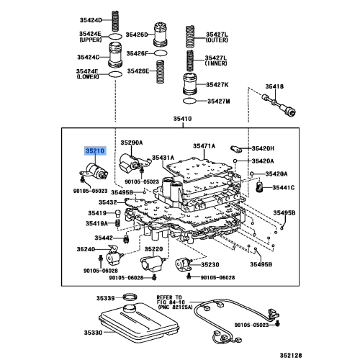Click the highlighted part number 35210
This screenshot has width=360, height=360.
[94, 151]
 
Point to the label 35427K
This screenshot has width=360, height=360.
[218, 85]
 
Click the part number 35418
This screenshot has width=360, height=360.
[274, 86]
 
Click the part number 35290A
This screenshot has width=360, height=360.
[132, 143]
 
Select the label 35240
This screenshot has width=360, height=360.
[87, 249]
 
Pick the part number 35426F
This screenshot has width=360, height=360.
[137, 53]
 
